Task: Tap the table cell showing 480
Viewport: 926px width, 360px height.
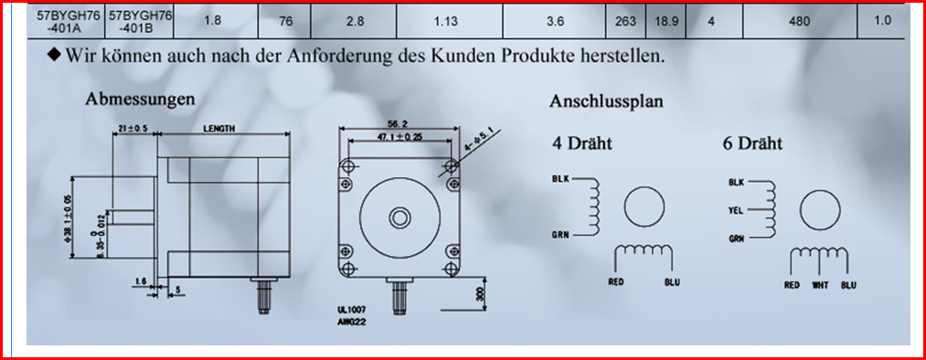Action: click(x=800, y=22)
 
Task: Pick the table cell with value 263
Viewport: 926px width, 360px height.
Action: click(x=625, y=22)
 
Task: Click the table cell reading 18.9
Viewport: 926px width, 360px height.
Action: click(x=666, y=22)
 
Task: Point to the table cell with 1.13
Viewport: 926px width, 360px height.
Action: click(x=450, y=22)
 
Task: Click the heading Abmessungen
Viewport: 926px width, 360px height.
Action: click(x=140, y=100)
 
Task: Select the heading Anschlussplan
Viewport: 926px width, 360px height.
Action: click(x=606, y=101)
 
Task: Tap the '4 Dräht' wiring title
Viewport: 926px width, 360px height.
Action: click(x=582, y=143)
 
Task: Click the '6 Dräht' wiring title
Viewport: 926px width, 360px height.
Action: click(x=752, y=143)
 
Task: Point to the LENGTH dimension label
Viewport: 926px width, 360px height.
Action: click(x=219, y=129)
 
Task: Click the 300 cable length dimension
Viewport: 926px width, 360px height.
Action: click(x=481, y=294)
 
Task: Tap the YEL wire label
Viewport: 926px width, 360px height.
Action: click(x=736, y=210)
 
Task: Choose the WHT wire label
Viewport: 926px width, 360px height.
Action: click(x=821, y=286)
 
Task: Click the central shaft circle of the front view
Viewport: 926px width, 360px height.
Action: click(x=399, y=218)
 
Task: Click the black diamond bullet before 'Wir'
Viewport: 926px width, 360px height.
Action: click(x=54, y=56)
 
